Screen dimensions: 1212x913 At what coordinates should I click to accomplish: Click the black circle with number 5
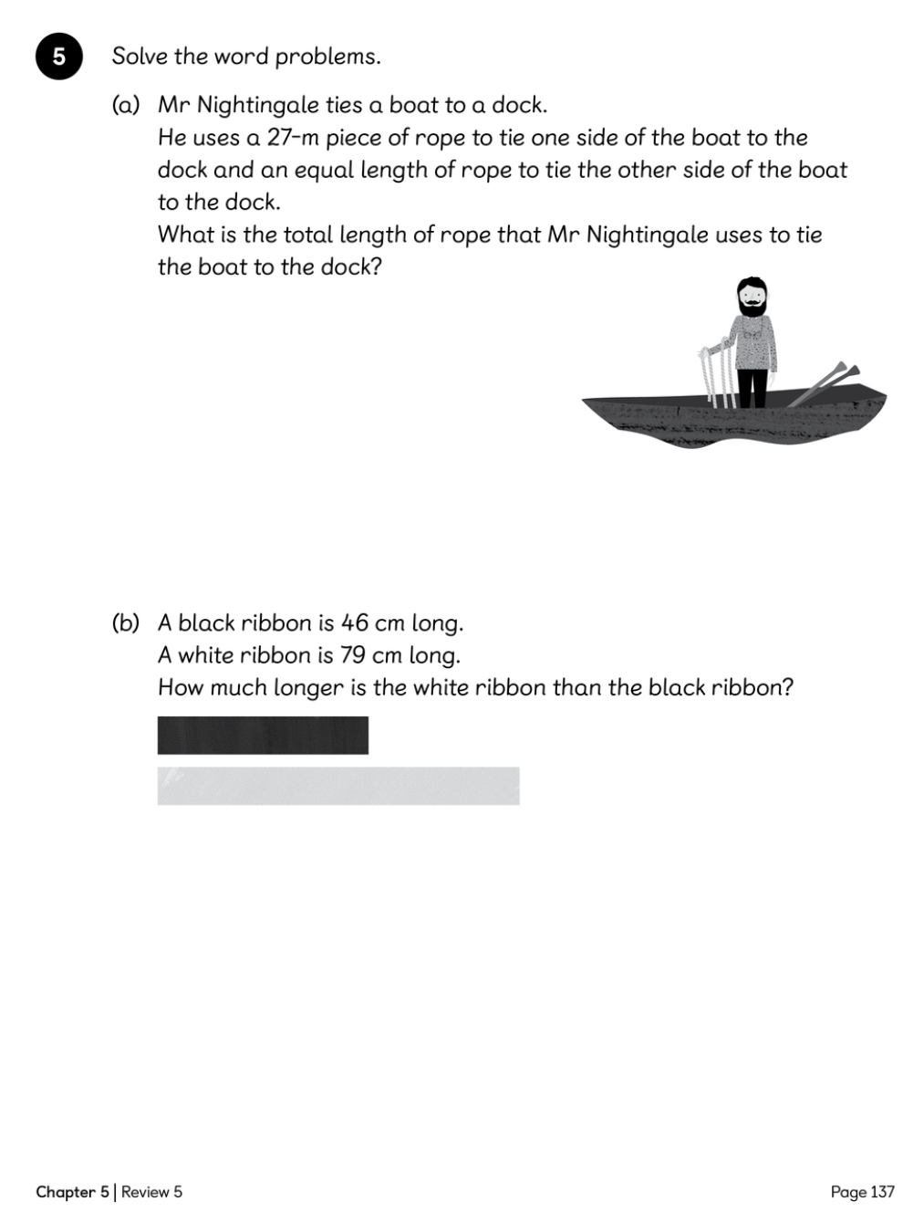pos(59,57)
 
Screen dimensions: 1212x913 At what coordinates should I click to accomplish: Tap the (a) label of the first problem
pos(126,105)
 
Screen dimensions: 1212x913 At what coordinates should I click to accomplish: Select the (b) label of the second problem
pos(126,623)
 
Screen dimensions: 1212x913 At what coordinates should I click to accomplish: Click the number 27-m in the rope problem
pos(292,138)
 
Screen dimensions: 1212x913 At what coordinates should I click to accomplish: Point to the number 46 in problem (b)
pos(355,623)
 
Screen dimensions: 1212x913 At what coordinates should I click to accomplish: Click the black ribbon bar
pos(263,736)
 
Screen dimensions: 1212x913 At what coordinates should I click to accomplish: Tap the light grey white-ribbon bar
pos(338,786)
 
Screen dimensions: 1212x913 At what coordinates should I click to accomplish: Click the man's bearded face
pos(752,298)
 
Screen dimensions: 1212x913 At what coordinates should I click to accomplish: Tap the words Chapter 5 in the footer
pos(72,1192)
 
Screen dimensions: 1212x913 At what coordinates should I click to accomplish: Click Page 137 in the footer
pos(862,1192)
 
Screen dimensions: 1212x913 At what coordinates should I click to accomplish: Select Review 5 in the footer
pos(151,1192)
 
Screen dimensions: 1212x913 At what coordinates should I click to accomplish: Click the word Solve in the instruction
pos(140,57)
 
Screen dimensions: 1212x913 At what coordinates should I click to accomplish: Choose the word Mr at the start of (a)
pos(174,105)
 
